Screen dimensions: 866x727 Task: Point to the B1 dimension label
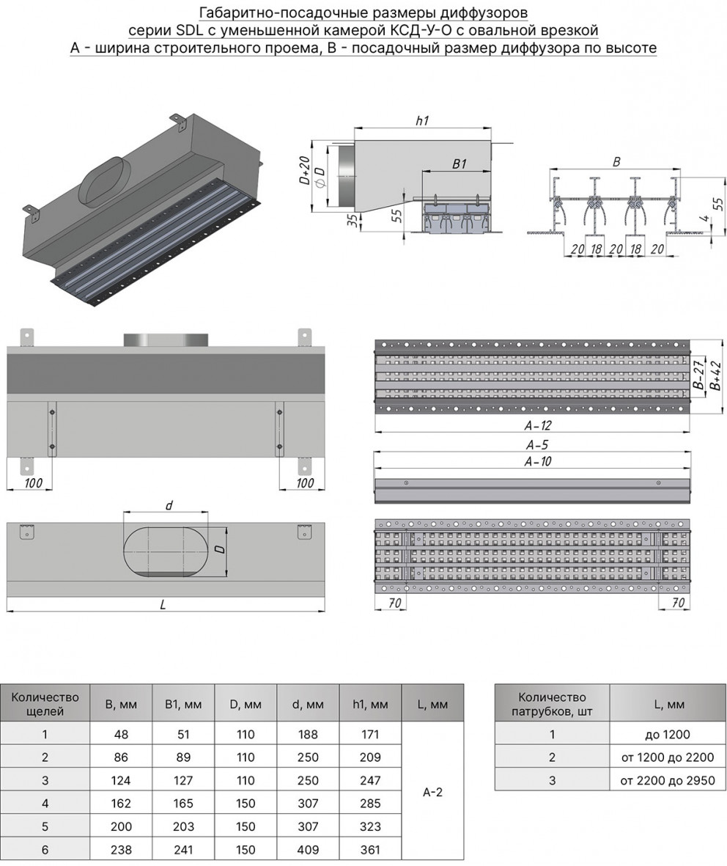pos(459,164)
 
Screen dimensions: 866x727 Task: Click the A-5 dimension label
pos(536,444)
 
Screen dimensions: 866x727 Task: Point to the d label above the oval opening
pos(168,505)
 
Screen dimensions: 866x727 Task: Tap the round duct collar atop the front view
pos(165,340)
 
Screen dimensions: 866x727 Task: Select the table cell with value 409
pos(308,850)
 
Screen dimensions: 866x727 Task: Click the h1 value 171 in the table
pos(370,734)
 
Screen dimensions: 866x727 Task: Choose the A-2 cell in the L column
pos(432,792)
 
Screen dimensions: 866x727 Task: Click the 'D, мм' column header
pos(246,705)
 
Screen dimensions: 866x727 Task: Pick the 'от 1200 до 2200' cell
pos(667,757)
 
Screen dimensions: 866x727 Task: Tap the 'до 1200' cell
pos(667,734)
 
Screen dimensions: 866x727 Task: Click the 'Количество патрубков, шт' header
pos(552,704)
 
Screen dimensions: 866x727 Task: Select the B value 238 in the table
pos(121,850)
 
